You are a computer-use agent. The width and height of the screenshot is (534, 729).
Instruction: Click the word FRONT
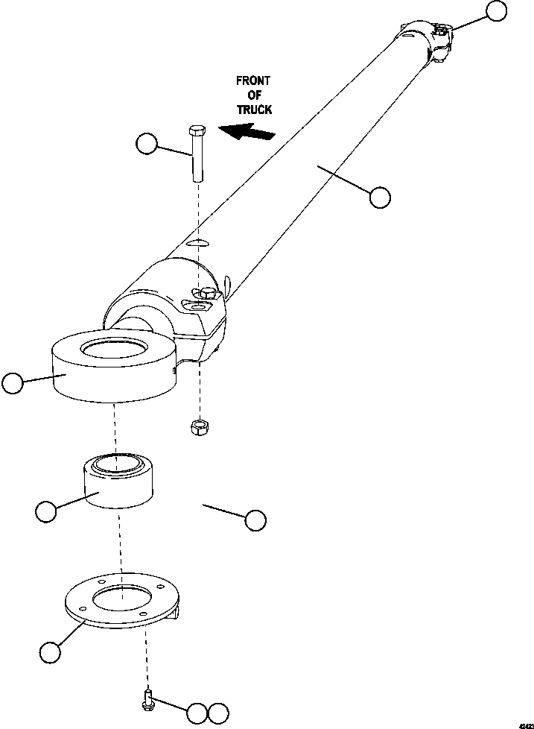tap(253, 81)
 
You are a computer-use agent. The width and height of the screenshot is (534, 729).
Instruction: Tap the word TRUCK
tap(255, 109)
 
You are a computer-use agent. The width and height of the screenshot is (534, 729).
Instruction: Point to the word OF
tap(253, 95)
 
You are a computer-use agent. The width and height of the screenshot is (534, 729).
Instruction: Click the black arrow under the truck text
tap(248, 133)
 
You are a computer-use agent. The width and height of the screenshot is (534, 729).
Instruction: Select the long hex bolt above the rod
tap(197, 154)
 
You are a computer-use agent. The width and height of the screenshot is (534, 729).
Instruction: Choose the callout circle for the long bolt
tap(147, 144)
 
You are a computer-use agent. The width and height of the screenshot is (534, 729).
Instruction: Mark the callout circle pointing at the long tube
tap(380, 197)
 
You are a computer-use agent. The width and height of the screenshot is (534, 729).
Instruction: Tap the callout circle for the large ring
tap(13, 384)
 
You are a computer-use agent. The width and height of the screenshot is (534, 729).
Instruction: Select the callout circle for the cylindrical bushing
tap(46, 512)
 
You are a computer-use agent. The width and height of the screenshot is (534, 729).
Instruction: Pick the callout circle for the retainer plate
tap(50, 652)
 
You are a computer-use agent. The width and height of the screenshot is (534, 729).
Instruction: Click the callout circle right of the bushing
tap(255, 520)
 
